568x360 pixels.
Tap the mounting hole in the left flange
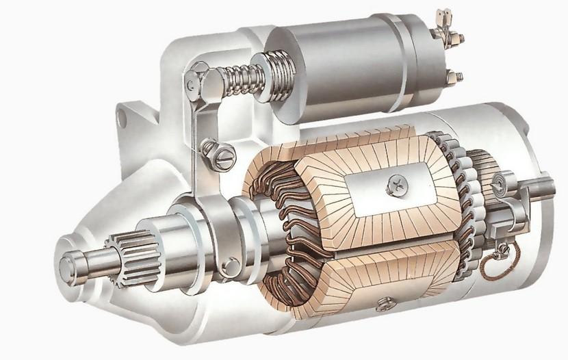[x=123, y=118]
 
